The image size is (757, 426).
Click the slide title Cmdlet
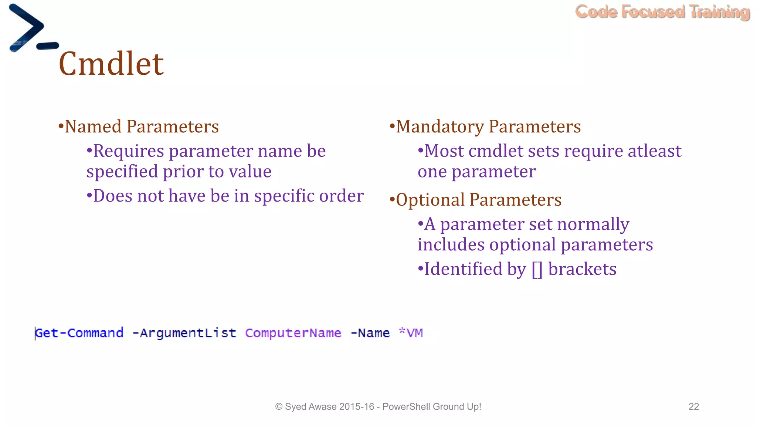click(111, 64)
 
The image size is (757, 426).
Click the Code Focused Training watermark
click(662, 12)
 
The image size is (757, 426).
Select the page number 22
click(693, 406)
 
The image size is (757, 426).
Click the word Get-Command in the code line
click(79, 333)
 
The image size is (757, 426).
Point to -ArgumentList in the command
click(184, 333)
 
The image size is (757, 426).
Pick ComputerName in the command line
click(293, 333)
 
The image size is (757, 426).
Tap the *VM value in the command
click(411, 333)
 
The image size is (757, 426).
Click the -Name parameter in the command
click(370, 333)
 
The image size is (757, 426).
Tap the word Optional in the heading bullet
click(430, 200)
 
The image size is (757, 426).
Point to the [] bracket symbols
click(537, 269)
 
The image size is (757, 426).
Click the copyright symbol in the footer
click(279, 407)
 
